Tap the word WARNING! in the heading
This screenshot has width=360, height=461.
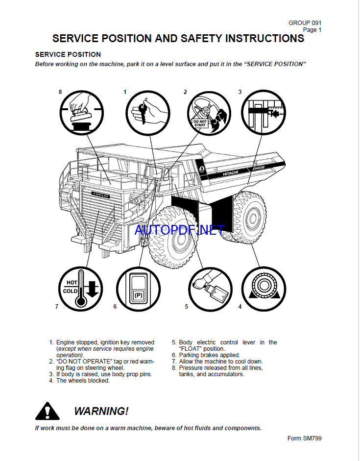pos(101,411)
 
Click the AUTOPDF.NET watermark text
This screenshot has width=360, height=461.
pos(179,230)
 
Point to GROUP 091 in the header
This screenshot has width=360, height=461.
pos(305,23)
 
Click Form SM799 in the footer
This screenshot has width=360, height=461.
pos(304,438)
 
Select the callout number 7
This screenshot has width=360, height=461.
pos(57,307)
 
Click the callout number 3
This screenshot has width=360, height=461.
pos(240,92)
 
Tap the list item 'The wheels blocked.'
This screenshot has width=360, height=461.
pos(83,381)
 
